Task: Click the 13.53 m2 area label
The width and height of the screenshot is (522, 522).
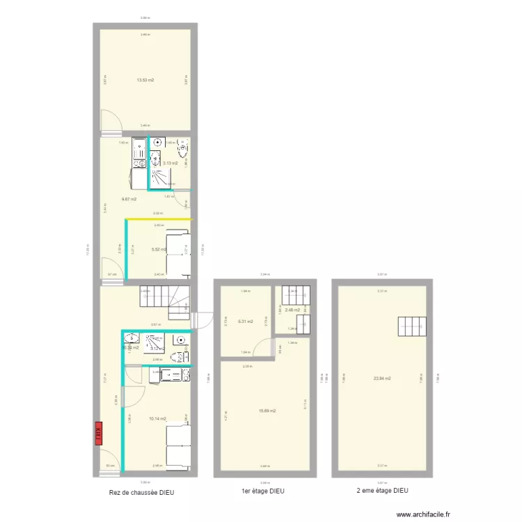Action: coord(145,81)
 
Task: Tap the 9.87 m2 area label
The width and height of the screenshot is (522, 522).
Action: coord(129,199)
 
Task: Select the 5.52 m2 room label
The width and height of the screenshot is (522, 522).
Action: coord(159,248)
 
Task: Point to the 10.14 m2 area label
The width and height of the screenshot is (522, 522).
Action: coord(157,419)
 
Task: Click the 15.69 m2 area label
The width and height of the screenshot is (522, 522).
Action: coord(267,411)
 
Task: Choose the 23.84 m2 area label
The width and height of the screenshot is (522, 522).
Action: coord(382,379)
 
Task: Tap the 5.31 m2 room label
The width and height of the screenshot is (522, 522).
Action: coord(245,322)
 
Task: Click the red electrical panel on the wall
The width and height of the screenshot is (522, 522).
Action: coord(98,432)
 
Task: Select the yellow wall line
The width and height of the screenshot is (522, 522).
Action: coord(159,220)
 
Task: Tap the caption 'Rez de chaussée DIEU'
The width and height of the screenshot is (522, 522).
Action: coord(142,492)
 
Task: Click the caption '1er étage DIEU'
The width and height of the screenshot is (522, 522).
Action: coord(263,491)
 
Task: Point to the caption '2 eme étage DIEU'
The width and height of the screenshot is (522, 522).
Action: coord(383,491)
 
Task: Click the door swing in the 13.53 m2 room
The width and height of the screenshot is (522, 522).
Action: coord(110,123)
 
